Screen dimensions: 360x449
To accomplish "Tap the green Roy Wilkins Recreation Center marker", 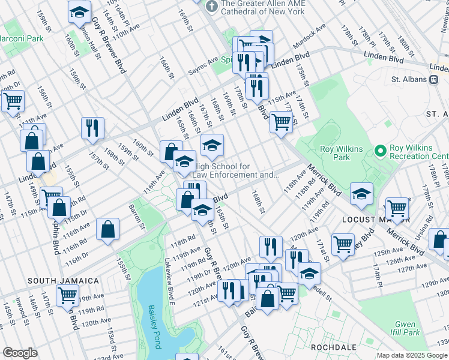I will [x=379, y=150].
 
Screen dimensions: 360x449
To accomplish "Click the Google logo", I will [x=20, y=353].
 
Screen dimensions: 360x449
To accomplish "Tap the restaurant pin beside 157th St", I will [x=93, y=128].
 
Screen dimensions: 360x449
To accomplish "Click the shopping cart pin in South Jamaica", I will [x=67, y=295].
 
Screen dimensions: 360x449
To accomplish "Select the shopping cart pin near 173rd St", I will [x=281, y=122].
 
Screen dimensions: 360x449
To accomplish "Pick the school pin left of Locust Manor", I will [x=361, y=193].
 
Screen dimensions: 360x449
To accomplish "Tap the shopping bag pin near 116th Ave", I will [x=107, y=229].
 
